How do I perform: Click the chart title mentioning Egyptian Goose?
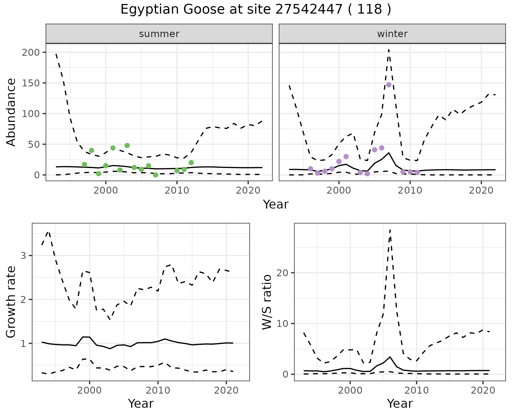(256, 10)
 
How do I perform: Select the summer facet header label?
(159, 34)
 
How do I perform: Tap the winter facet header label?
(392, 34)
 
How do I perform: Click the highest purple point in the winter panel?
(389, 85)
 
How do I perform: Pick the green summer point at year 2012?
(191, 163)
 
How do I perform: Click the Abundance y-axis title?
(11, 112)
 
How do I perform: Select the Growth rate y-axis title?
(11, 302)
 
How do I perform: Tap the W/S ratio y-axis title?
(267, 302)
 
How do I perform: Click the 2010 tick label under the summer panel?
(177, 191)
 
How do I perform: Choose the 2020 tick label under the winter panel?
(481, 191)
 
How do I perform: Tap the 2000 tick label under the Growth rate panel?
(90, 391)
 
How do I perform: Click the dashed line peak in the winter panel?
(389, 50)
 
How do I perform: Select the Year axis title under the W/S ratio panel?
(400, 404)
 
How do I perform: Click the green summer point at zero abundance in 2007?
(156, 175)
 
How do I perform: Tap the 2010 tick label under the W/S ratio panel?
(417, 391)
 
